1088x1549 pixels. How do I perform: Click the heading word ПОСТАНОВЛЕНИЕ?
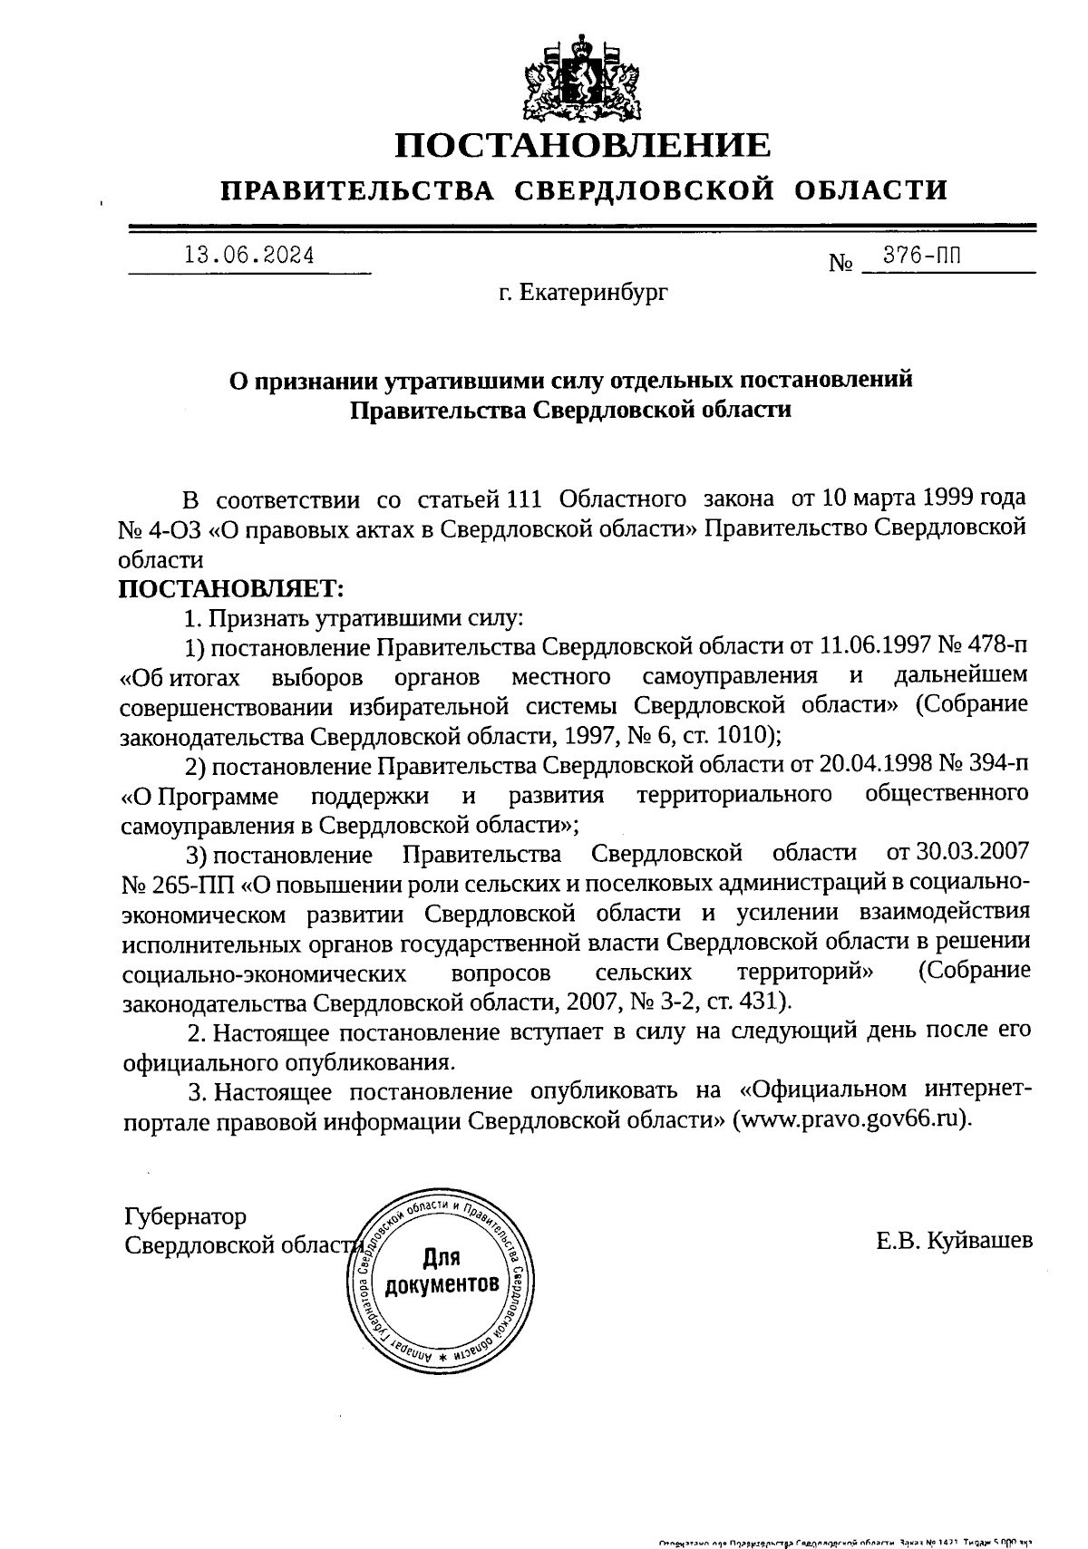pos(584,145)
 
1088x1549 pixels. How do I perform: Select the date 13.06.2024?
pos(249,257)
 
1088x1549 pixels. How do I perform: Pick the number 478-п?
pos(995,646)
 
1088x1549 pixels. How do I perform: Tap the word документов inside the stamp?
pos(442,1284)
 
